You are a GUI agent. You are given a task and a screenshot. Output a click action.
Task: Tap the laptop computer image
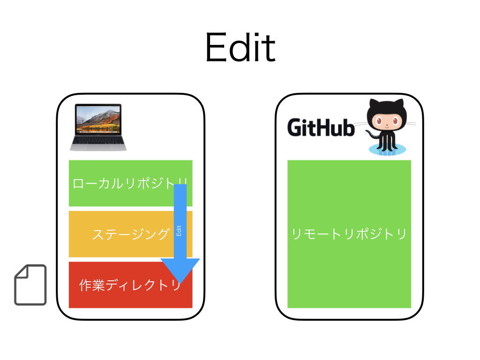(98, 127)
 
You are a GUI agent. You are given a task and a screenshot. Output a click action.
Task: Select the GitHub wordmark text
(321, 127)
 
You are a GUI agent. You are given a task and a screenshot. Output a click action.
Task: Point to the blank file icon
(30, 285)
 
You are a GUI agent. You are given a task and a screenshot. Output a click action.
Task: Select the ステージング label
(130, 234)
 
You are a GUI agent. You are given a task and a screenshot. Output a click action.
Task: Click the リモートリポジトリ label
(349, 234)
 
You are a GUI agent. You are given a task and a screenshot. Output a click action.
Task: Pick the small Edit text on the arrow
(179, 231)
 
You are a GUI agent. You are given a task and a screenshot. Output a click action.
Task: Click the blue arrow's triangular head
(180, 269)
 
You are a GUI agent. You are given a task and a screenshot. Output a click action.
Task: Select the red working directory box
(94, 300)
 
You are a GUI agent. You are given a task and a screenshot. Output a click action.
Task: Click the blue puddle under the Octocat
(387, 150)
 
